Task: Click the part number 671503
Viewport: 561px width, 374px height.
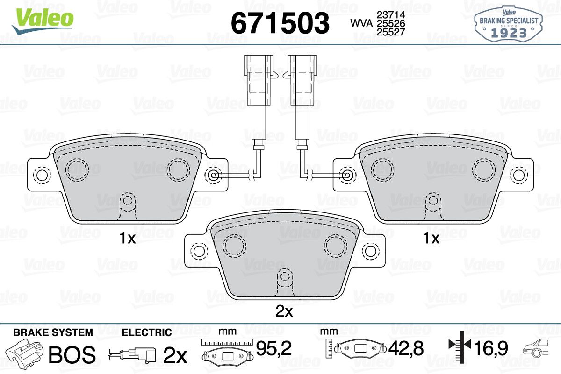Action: click(280, 23)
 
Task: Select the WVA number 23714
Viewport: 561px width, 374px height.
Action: click(391, 15)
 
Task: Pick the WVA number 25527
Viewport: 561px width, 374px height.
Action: click(391, 32)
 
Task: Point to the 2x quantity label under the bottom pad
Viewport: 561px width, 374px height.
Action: click(284, 311)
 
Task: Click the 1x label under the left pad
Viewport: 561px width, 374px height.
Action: click(128, 238)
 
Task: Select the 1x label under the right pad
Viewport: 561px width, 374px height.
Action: click(431, 238)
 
